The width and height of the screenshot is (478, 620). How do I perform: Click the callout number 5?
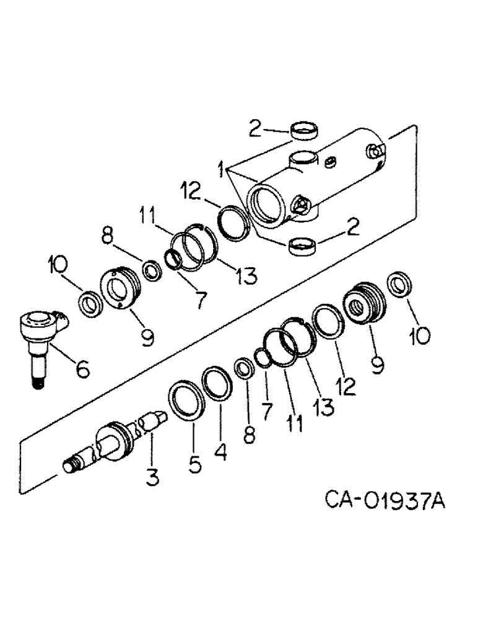click(194, 463)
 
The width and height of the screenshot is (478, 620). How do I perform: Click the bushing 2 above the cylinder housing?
click(303, 133)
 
